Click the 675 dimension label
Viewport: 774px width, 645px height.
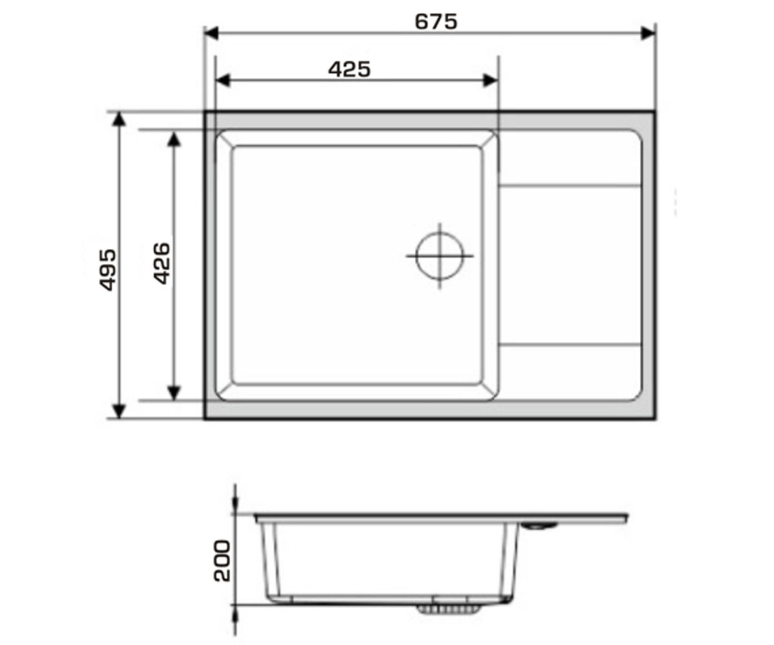(436, 21)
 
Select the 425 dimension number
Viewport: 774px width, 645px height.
(349, 69)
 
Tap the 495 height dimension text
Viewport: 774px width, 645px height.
(108, 270)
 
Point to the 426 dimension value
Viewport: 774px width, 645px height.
(162, 264)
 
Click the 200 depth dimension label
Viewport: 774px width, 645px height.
(223, 561)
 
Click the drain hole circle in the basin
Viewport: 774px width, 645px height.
(440, 232)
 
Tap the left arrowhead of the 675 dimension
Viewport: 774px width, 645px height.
(212, 34)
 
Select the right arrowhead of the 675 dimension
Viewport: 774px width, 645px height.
(648, 34)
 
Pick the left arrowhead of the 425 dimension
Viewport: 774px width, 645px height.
(223, 81)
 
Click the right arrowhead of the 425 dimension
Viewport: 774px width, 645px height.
(490, 81)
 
